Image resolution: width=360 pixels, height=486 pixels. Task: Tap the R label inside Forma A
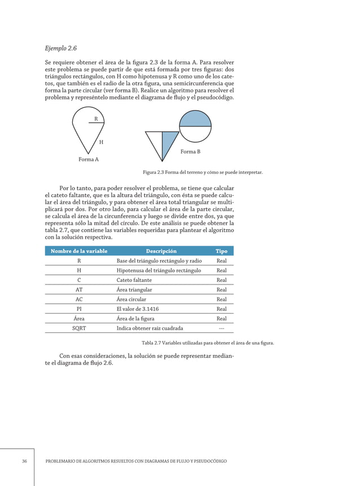pyautogui.click(x=96, y=119)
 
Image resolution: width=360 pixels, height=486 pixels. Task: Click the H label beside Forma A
pyautogui.click(x=101, y=142)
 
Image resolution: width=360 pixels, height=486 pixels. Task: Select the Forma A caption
pyautogui.click(x=89, y=160)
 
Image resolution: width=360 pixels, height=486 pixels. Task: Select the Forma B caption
pyautogui.click(x=190, y=152)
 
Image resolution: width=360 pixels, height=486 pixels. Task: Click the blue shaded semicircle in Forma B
pyautogui.click(x=195, y=119)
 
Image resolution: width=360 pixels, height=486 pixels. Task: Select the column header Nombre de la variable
pyautogui.click(x=78, y=251)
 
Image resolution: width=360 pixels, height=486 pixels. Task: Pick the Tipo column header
pyautogui.click(x=221, y=251)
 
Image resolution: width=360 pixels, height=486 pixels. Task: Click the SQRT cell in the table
pyautogui.click(x=79, y=328)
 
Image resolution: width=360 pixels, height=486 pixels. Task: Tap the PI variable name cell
pyautogui.click(x=79, y=309)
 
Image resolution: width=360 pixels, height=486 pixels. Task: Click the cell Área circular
pyautogui.click(x=131, y=299)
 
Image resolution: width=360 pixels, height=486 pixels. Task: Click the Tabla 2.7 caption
pyautogui.click(x=207, y=343)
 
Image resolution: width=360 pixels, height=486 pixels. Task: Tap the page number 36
pyautogui.click(x=24, y=461)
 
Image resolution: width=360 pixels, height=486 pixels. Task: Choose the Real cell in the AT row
pyautogui.click(x=221, y=290)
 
